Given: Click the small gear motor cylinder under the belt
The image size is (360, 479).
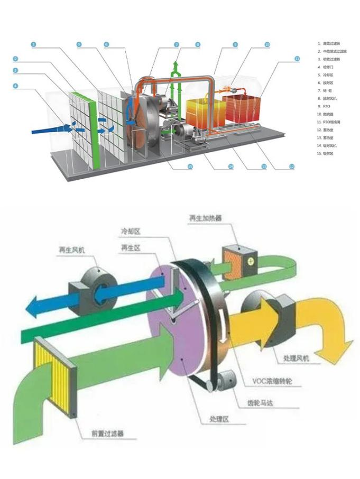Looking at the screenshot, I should click(x=225, y=379).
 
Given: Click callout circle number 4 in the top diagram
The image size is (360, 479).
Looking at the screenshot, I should click(x=15, y=86).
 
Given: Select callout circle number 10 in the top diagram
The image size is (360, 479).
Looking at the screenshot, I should click(x=267, y=45).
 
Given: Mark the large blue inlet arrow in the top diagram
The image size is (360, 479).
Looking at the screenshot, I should click(x=45, y=128).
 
